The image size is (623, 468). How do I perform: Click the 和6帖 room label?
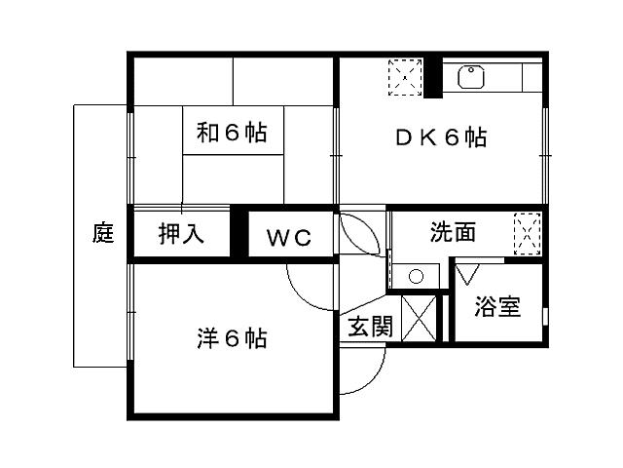click(x=233, y=133)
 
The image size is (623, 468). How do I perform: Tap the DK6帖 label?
click(x=441, y=137)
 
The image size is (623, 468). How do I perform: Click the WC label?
click(x=288, y=237)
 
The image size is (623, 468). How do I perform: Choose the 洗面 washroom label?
click(x=454, y=232)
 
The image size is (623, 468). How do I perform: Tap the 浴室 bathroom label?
click(x=496, y=308)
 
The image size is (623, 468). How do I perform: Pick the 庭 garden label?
click(x=103, y=234)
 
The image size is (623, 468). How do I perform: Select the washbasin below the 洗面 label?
click(x=417, y=276)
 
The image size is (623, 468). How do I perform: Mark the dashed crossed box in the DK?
click(x=404, y=77)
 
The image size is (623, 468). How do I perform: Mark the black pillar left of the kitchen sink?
click(x=432, y=79)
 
